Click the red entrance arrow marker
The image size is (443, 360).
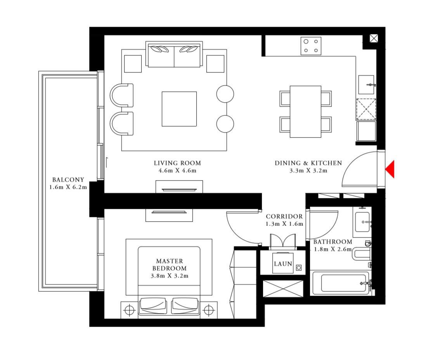coord(390,169)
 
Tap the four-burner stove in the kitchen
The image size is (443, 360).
coord(311,46)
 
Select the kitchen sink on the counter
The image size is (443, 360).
coord(366,84)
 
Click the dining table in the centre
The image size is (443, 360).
coord(305,111)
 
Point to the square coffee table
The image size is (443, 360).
coord(179,109)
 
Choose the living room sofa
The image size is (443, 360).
coord(174,54)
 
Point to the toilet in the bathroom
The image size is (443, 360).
coord(362,254)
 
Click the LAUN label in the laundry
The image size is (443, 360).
coord(283,264)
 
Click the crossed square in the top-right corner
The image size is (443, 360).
coord(374,38)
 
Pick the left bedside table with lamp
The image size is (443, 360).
coord(130,310)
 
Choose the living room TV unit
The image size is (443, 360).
coord(179,187)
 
